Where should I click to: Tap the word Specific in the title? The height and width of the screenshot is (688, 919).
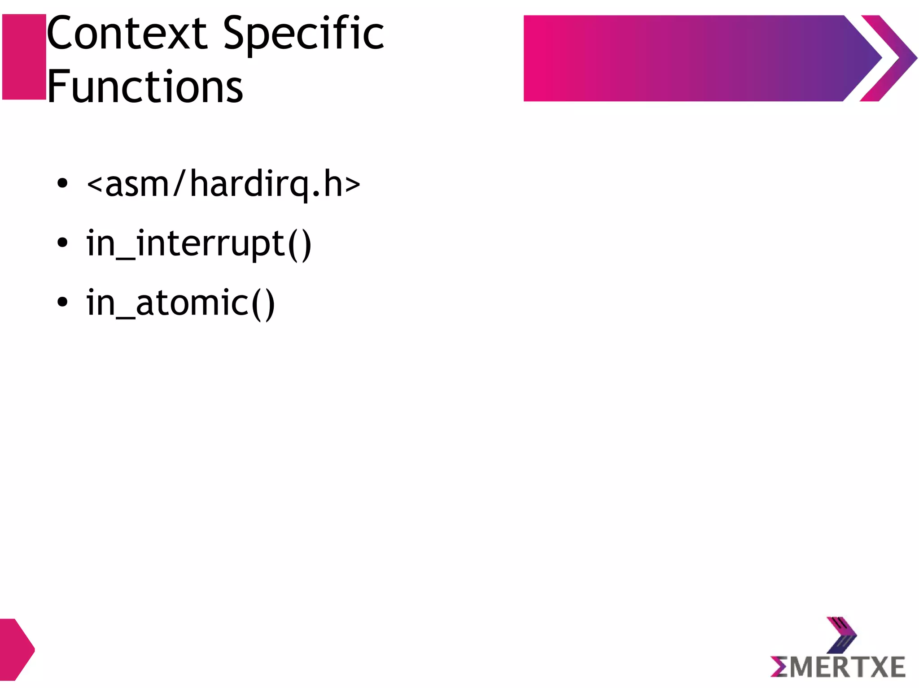(303, 34)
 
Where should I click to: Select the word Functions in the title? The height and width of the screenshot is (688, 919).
(144, 86)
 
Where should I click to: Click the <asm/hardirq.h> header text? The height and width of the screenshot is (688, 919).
(223, 184)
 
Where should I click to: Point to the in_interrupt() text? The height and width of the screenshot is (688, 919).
(199, 243)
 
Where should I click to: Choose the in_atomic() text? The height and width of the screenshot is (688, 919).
(180, 303)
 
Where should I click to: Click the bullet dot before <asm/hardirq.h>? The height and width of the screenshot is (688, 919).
(62, 183)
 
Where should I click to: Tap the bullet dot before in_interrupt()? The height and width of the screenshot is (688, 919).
(62, 243)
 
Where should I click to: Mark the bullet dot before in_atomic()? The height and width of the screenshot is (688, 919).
(62, 302)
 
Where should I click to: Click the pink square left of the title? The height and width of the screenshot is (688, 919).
(24, 57)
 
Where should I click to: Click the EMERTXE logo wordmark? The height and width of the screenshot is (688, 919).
(838, 667)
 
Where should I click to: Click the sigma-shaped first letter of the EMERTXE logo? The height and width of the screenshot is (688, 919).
(779, 667)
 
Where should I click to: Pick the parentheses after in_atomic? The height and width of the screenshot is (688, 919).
(263, 304)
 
